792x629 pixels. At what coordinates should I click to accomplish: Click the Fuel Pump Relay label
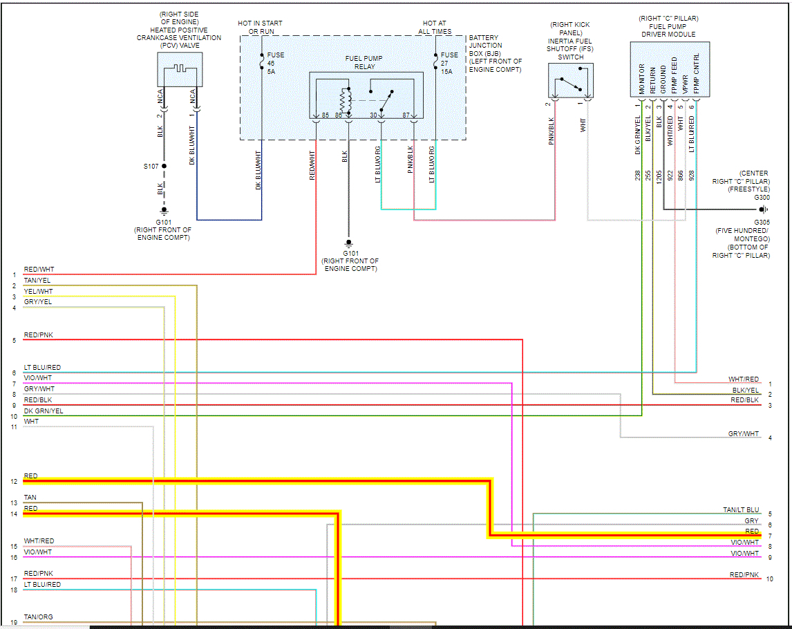(364, 62)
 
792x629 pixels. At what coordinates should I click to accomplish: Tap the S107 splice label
(151, 167)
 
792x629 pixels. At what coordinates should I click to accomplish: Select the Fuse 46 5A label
(276, 63)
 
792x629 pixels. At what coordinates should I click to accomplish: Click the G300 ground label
(762, 197)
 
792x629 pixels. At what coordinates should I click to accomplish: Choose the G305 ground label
(762, 222)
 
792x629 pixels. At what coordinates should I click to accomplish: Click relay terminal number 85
(325, 115)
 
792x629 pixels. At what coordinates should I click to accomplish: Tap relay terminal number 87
(407, 115)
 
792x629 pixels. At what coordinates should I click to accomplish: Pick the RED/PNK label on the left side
(39, 335)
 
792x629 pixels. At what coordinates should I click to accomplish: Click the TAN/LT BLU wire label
(741, 510)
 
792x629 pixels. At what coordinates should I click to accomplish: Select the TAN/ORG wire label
(38, 617)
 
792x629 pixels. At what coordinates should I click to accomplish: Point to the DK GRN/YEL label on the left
(43, 411)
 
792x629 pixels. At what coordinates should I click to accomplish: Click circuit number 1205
(659, 176)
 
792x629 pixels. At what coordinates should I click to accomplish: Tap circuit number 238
(638, 176)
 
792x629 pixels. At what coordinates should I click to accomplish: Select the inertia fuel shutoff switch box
(570, 82)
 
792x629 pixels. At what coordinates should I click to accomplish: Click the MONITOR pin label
(642, 79)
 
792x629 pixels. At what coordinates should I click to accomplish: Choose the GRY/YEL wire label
(38, 302)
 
